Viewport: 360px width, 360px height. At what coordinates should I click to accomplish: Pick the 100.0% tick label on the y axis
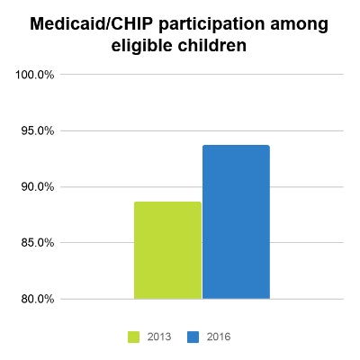click(x=35, y=75)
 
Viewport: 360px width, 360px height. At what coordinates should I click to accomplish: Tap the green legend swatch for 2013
click(x=133, y=336)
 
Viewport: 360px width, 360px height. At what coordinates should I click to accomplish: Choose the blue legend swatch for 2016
click(x=193, y=336)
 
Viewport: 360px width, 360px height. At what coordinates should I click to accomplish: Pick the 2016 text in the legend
click(x=216, y=336)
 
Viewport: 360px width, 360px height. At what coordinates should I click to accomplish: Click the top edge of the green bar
click(x=167, y=202)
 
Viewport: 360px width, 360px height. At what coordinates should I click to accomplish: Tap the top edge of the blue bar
click(x=236, y=146)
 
